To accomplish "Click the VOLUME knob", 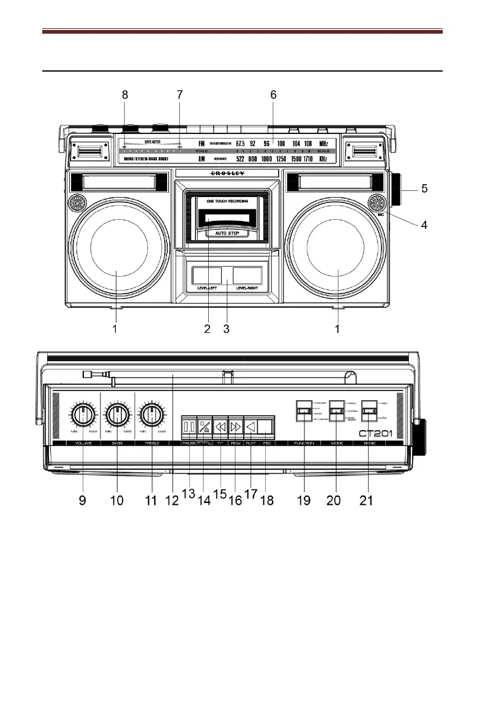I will (x=81, y=416).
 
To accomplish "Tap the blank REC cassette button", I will (x=265, y=425).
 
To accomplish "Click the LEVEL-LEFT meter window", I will (x=206, y=274).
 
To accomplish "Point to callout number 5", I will (x=424, y=190).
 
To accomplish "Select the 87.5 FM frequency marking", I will (x=244, y=143).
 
